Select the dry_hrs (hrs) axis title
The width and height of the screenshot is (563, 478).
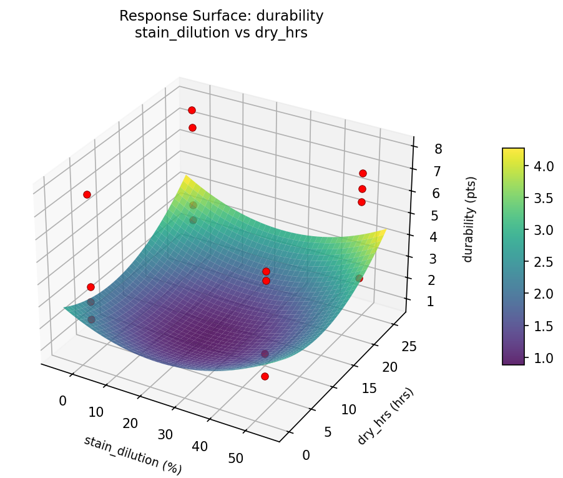pyautogui.click(x=385, y=416)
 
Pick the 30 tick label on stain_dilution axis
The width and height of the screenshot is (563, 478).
pyautogui.click(x=165, y=434)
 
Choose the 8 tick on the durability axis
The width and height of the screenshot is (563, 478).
pyautogui.click(x=438, y=148)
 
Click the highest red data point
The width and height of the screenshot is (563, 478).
pyautogui.click(x=192, y=110)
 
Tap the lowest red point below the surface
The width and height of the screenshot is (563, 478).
pyautogui.click(x=265, y=376)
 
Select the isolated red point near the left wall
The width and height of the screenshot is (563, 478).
pyautogui.click(x=87, y=194)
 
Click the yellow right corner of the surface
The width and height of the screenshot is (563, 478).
pyautogui.click(x=383, y=231)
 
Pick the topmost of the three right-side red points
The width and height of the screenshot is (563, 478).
pyautogui.click(x=363, y=173)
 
